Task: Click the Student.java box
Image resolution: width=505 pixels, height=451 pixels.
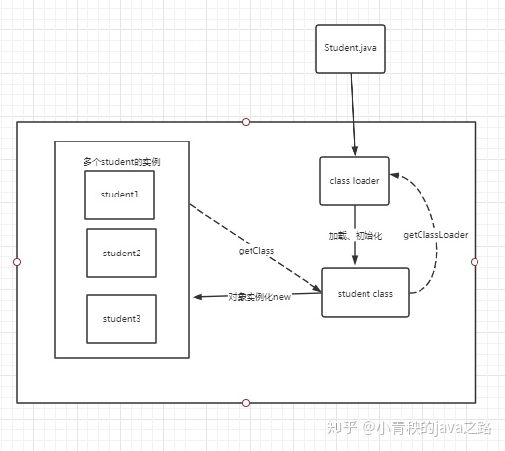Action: pos(350,47)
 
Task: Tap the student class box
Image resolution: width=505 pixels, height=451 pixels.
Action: pos(365,293)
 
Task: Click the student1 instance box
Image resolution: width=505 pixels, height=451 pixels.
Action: pos(120,195)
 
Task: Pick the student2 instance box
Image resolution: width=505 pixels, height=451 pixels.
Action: pos(122,254)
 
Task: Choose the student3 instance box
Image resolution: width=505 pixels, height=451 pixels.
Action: pos(122,318)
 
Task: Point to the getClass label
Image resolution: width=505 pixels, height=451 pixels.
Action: pos(256,251)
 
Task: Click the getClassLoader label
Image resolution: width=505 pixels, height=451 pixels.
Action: pos(435,236)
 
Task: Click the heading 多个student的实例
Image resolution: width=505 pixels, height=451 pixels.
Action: pos(123,160)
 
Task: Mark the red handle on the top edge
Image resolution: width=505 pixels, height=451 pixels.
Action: pos(246,122)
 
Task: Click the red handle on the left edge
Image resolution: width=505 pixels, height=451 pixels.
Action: pos(17,262)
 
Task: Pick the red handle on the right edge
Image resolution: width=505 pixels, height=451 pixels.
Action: pos(475,262)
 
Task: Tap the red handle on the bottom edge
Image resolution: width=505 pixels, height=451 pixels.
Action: pos(246,402)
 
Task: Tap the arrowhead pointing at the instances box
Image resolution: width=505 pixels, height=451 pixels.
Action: pos(197,296)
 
